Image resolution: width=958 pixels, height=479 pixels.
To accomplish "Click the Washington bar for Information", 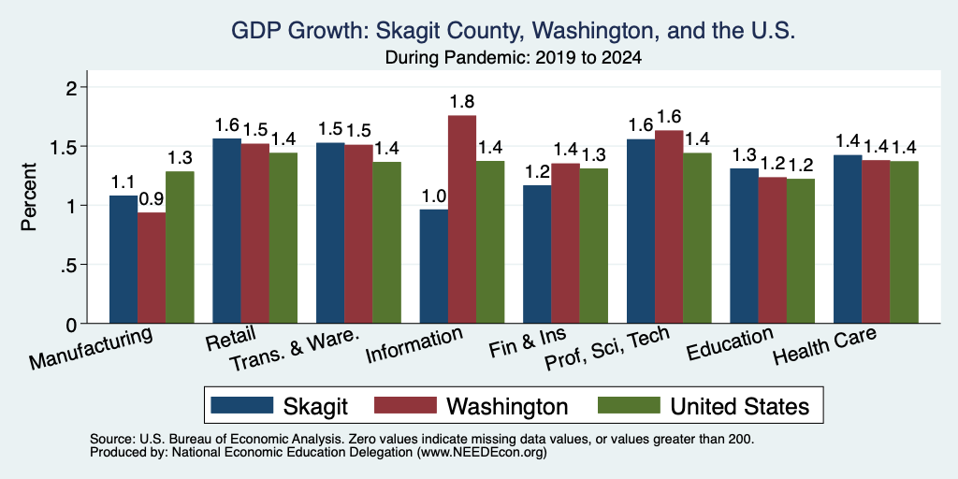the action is (x=462, y=219).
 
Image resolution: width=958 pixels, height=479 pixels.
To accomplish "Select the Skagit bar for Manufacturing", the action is (x=123, y=260).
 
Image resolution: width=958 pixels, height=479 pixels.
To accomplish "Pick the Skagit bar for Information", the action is (x=434, y=267).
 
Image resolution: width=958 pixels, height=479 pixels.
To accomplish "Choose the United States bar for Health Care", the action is (x=905, y=242).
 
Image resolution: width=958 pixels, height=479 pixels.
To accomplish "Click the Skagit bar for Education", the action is (x=744, y=246).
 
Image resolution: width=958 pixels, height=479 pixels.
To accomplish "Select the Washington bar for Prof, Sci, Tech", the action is (x=669, y=227).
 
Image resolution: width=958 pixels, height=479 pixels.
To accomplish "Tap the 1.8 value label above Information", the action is (x=462, y=101).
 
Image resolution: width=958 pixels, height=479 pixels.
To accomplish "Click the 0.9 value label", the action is (x=152, y=199).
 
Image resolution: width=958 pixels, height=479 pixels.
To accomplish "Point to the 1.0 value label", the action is (x=434, y=196).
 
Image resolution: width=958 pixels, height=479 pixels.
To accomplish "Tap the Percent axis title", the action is (x=29, y=196).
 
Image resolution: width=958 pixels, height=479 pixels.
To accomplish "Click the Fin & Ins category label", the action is (x=528, y=344).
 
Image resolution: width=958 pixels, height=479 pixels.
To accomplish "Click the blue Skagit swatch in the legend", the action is (x=242, y=405).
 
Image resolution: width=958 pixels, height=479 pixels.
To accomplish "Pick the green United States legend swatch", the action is (x=629, y=405).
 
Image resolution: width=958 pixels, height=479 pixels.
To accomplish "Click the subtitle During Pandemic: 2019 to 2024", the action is (x=514, y=59).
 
